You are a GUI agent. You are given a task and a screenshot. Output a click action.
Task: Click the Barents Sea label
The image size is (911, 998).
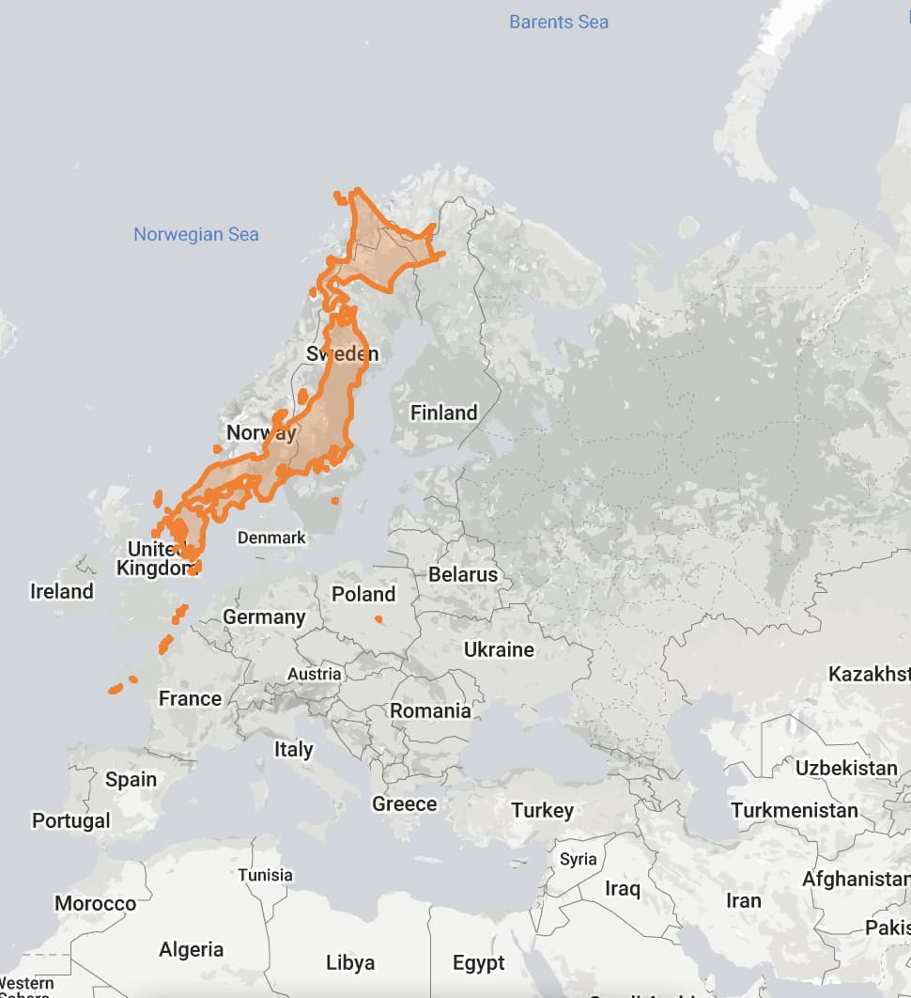[559, 22]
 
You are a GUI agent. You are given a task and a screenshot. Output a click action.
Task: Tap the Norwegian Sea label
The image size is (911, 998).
[195, 234]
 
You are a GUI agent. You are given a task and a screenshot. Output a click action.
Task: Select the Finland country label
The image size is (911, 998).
[443, 413]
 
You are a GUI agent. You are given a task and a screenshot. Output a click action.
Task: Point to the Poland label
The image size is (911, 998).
[363, 594]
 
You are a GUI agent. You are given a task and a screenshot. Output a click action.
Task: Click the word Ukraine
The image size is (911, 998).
[499, 649]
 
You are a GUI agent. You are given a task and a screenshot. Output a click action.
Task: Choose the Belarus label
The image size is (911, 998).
[463, 574]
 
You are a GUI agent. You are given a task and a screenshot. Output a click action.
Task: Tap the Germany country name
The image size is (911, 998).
[264, 616]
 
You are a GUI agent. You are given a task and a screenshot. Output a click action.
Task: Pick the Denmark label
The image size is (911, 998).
[271, 538]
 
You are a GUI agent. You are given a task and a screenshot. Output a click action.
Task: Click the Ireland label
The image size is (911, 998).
[62, 591]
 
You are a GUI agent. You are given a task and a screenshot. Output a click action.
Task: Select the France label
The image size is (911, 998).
[190, 698]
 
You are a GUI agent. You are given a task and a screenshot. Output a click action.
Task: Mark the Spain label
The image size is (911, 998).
[131, 779]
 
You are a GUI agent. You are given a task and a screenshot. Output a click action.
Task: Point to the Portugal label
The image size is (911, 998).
[70, 820]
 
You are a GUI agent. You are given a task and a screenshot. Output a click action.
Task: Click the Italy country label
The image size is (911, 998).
[293, 749]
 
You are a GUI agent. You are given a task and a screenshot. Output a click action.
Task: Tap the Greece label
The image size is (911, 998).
[404, 803]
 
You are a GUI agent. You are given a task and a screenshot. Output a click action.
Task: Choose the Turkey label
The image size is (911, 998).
[542, 810]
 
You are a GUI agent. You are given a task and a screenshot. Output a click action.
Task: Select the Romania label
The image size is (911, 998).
[430, 710]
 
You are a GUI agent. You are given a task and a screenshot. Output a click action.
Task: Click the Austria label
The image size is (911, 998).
[315, 674]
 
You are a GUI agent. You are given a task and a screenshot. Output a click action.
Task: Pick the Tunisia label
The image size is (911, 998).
[265, 875]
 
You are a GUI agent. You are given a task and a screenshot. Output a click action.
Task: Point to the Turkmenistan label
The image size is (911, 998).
[795, 810]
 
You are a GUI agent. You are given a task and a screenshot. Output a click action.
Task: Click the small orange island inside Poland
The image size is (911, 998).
[378, 618]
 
